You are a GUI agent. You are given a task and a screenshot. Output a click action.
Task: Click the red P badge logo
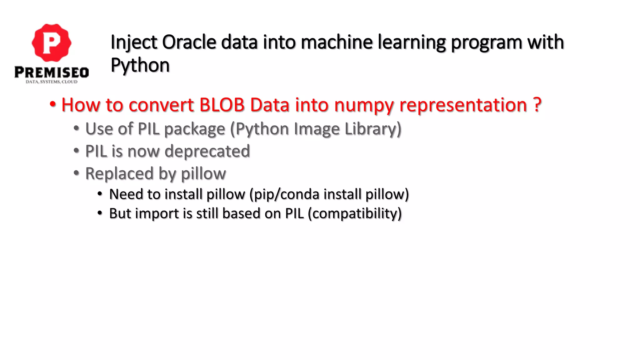(52, 43)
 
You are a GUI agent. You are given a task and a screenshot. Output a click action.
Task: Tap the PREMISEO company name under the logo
(52, 72)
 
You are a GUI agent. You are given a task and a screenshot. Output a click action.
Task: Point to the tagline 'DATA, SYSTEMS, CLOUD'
(52, 82)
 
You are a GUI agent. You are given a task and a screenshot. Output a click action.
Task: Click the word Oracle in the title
(189, 42)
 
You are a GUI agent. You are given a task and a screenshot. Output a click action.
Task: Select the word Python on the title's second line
(140, 65)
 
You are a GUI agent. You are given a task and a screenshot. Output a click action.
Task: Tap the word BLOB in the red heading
(222, 105)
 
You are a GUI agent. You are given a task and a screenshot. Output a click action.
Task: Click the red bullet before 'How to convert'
(53, 104)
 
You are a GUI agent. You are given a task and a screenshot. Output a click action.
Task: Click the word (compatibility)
(355, 214)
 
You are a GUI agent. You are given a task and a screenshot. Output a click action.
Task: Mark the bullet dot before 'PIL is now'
(76, 151)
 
